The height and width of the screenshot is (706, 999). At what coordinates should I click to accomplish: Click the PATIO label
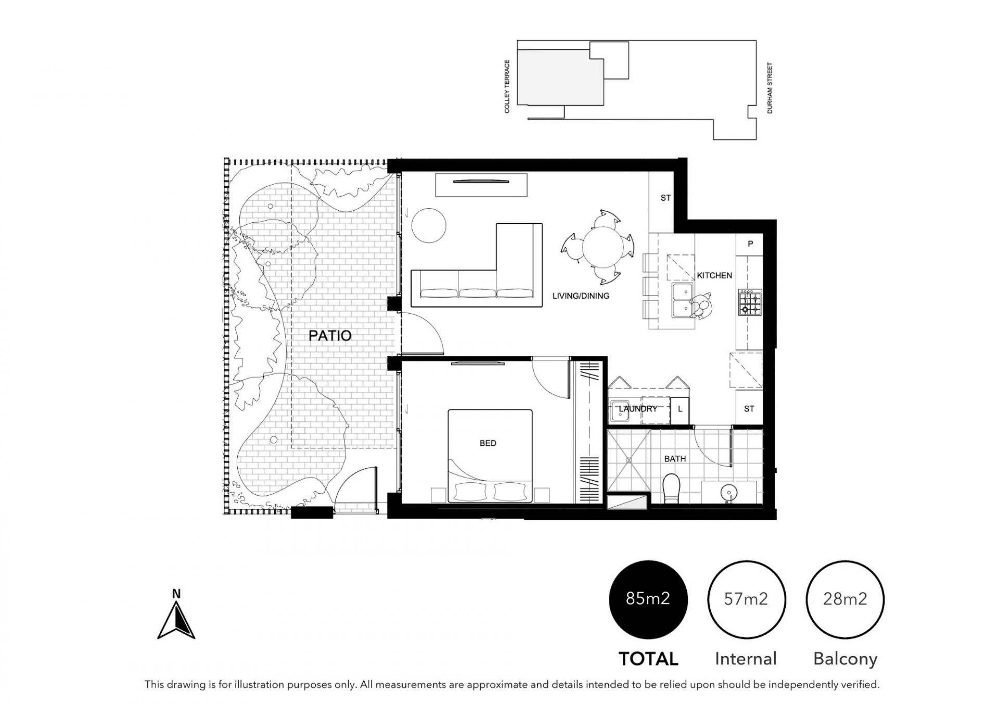330,336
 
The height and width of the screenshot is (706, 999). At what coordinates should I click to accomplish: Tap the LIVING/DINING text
581,296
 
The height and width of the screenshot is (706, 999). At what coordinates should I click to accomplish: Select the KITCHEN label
714,275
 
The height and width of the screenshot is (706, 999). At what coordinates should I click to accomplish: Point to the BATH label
675,459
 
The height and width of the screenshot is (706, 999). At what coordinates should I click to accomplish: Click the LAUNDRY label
638,409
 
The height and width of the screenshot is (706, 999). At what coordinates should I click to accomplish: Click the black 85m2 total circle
648,599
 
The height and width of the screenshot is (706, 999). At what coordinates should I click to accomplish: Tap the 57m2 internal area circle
746,599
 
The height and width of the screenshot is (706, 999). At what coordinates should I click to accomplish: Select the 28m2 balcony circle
845,599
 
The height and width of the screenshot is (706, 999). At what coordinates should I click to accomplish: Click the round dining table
603,247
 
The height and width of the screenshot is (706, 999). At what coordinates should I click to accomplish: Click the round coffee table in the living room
429,225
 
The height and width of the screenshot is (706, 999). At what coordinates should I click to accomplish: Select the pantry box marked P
749,243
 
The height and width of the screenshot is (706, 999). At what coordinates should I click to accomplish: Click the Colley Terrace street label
507,86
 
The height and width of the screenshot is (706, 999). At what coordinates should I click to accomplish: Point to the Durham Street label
770,88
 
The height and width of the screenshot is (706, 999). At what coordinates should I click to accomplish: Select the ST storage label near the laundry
749,409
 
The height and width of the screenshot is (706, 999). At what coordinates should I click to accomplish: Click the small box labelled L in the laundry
680,409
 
